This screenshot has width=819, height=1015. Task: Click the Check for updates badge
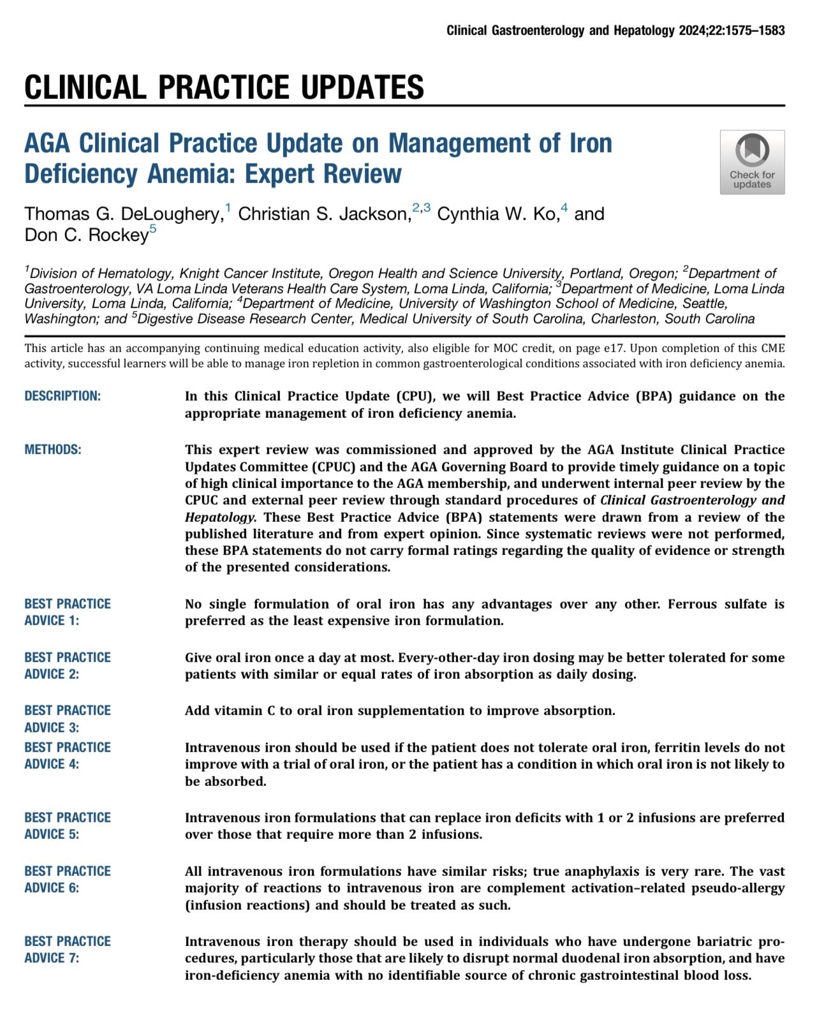tap(752, 162)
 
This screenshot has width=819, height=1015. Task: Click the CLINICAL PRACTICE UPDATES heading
tap(224, 87)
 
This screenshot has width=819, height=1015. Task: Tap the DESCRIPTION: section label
tap(63, 396)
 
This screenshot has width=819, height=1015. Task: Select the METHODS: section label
tap(53, 450)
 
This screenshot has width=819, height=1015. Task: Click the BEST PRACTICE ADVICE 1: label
tap(68, 612)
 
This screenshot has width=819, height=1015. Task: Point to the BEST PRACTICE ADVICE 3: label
tap(68, 718)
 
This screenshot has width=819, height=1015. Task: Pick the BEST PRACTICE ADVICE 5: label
tap(68, 826)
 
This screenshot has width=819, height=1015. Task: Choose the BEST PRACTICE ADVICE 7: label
tap(68, 949)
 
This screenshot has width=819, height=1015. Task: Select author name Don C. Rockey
tap(87, 235)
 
